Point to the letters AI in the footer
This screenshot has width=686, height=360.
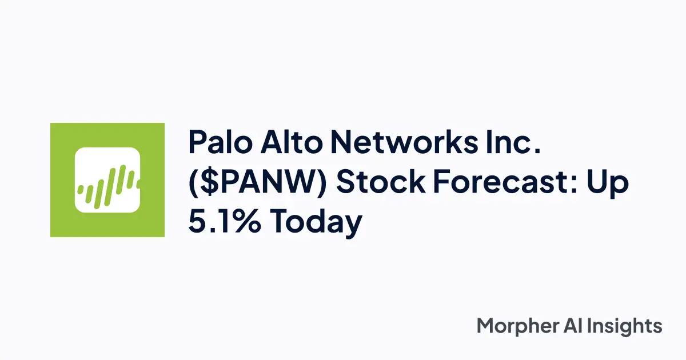point(579,326)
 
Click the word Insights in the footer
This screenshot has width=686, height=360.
point(629,326)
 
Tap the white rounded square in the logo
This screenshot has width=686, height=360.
point(107,180)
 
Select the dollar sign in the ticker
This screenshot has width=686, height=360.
point(208,183)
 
